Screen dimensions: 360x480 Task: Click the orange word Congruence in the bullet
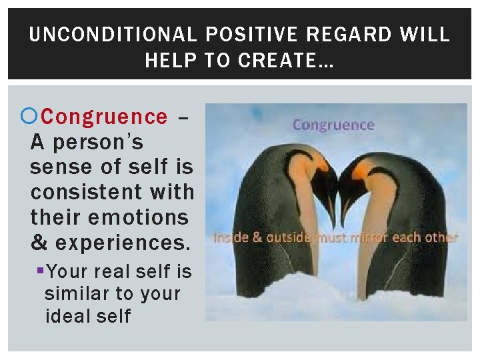104,117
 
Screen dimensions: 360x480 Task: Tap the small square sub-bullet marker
41,271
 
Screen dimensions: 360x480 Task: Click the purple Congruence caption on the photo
333,125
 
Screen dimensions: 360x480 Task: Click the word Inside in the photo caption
230,237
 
